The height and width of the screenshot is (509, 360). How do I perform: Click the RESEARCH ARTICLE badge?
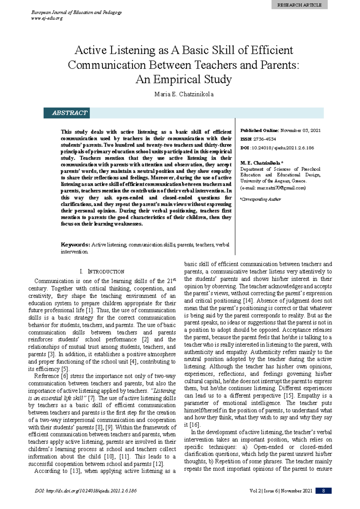[x=299, y=5]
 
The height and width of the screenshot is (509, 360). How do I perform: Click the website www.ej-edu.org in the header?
[x=47, y=18]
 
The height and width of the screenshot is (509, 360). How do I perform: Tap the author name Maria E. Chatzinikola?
[x=184, y=94]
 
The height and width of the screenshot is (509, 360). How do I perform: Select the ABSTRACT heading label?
[x=70, y=113]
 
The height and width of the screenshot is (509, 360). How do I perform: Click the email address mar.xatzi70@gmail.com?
[x=281, y=188]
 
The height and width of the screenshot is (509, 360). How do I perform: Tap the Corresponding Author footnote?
[x=260, y=199]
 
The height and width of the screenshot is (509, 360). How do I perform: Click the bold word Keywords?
[x=75, y=245]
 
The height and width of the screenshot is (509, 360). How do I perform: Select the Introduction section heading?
[x=102, y=272]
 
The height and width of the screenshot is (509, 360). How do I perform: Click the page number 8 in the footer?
[x=323, y=491]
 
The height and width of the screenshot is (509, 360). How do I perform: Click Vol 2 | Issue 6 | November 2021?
[x=281, y=491]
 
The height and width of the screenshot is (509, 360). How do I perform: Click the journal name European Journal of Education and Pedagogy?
[x=76, y=12]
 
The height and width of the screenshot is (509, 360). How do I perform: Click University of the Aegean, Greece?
[x=273, y=181]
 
